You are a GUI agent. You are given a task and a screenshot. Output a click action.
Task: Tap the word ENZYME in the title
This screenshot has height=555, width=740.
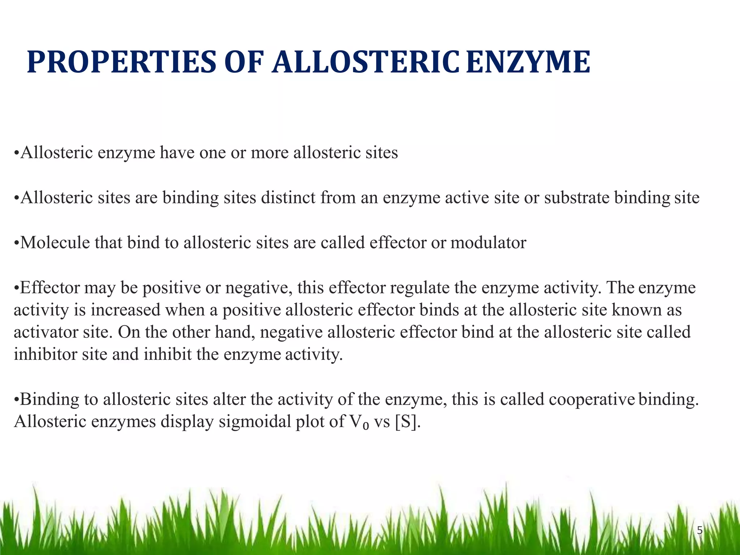click(x=528, y=62)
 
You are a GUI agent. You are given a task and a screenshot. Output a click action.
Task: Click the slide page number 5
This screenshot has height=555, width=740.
click(x=700, y=531)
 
